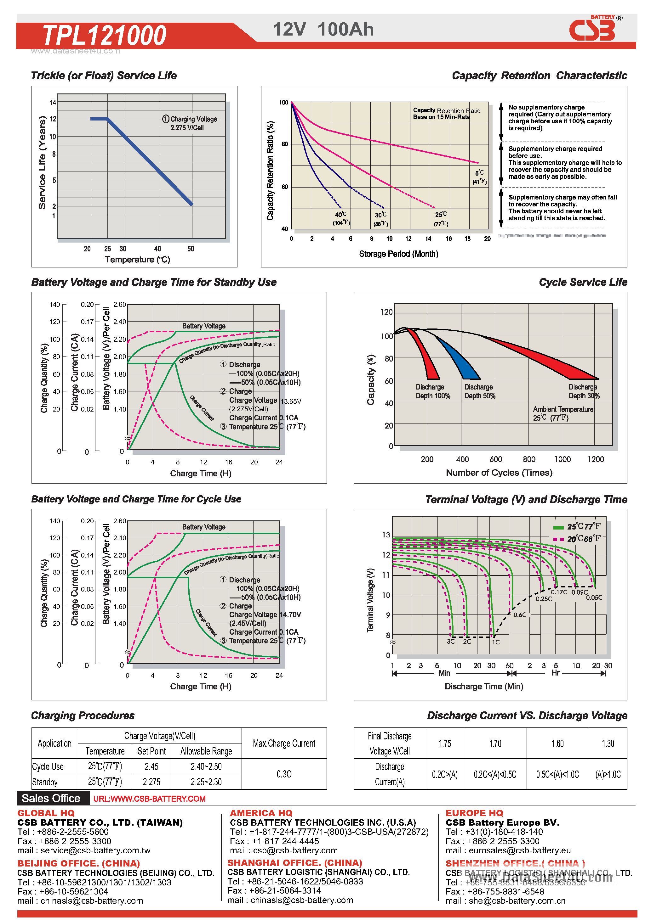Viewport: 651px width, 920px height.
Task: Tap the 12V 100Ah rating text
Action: click(x=323, y=30)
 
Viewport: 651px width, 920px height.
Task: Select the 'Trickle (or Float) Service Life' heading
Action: click(x=104, y=76)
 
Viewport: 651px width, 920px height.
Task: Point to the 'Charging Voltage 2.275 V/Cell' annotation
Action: click(x=190, y=123)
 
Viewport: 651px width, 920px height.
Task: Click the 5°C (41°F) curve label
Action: click(x=479, y=177)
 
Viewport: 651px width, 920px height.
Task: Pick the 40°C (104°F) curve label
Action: click(x=341, y=218)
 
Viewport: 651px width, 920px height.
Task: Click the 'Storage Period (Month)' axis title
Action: click(x=398, y=254)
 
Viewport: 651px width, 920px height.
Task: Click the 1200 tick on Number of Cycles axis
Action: click(x=595, y=459)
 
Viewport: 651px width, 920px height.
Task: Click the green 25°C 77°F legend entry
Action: click(x=578, y=526)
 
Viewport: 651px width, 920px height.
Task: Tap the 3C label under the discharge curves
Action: click(x=450, y=642)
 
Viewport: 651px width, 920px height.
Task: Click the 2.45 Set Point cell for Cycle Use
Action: click(x=151, y=766)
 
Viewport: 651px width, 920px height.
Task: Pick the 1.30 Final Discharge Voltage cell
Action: click(x=607, y=743)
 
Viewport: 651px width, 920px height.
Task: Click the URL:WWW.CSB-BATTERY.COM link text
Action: click(x=149, y=799)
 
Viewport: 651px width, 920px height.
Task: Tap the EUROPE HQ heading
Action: click(x=474, y=813)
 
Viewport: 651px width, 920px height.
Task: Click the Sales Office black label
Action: click(x=51, y=798)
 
